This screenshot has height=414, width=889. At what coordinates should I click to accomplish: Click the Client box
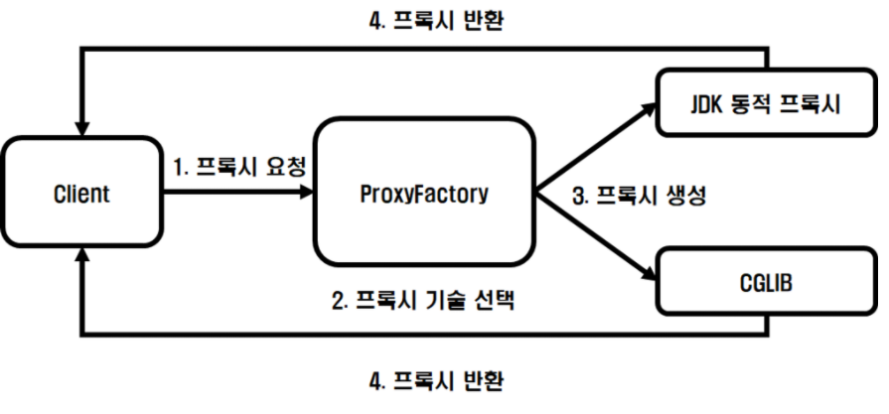click(82, 193)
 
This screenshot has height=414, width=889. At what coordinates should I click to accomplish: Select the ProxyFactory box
click(424, 193)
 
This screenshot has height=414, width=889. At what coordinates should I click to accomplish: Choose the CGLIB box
click(763, 283)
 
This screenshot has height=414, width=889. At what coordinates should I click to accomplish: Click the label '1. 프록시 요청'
click(238, 167)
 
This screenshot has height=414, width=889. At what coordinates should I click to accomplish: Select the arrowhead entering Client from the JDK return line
click(81, 128)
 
